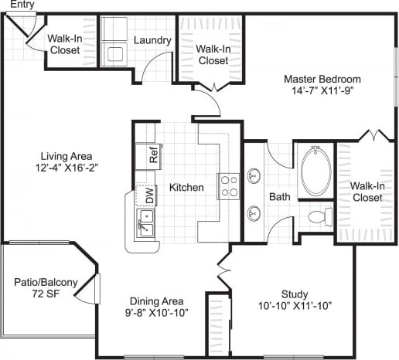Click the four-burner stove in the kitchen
tap(229, 186)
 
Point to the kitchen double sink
tap(146, 226)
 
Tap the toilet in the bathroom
tap(319, 215)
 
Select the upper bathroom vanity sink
tap(254, 176)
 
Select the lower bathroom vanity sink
tap(254, 212)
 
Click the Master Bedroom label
tap(322, 85)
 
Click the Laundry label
tap(152, 40)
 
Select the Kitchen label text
tap(186, 187)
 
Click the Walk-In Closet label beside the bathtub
tap(366, 192)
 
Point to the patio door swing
tap(91, 289)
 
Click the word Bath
tap(279, 196)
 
